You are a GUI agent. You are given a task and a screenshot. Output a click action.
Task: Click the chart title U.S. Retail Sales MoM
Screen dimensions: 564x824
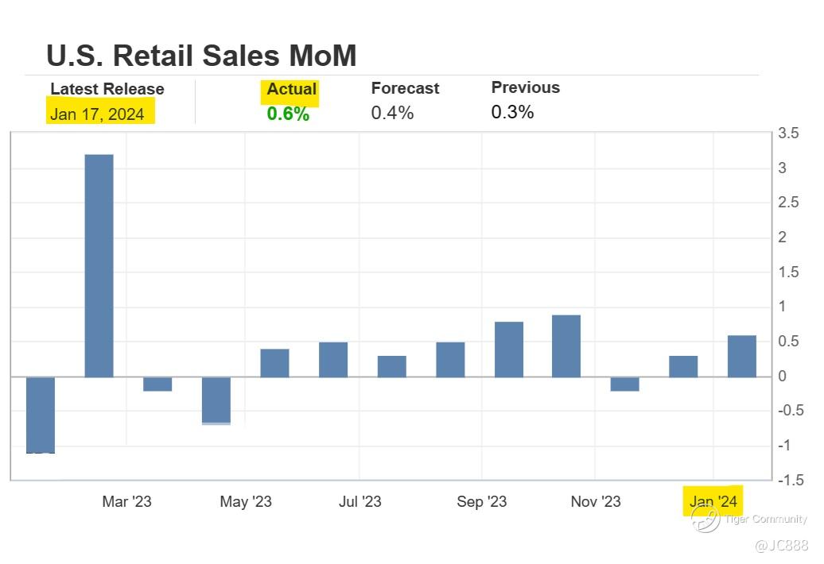(x=201, y=56)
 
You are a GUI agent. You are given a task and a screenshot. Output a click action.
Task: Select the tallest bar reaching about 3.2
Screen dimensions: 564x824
(x=99, y=265)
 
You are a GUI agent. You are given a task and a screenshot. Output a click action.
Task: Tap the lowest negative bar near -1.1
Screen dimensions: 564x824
(x=41, y=415)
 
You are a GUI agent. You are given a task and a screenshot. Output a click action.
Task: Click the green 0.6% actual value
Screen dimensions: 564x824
(x=288, y=114)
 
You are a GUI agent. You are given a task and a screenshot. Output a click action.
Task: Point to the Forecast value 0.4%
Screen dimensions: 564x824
(x=392, y=113)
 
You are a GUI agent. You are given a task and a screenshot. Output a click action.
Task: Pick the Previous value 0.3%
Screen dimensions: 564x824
(x=512, y=112)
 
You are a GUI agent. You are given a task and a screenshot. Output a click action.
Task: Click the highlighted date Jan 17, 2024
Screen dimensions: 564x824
(x=97, y=114)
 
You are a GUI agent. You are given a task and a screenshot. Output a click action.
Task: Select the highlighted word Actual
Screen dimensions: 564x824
(x=291, y=89)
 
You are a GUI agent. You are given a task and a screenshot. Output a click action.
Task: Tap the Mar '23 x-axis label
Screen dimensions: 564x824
(x=126, y=501)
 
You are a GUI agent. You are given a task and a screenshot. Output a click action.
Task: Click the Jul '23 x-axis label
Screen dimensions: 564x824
(x=360, y=501)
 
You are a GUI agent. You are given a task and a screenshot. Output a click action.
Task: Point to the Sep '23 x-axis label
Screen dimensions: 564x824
(x=481, y=501)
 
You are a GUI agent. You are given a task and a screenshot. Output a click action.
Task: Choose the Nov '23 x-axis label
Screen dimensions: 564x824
(x=596, y=501)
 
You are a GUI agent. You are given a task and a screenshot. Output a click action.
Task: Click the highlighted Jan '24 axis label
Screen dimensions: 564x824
(x=713, y=501)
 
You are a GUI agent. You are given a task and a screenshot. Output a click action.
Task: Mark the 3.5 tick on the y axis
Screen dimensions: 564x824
(x=788, y=133)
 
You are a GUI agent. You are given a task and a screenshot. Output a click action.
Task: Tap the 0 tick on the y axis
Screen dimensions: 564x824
(x=782, y=377)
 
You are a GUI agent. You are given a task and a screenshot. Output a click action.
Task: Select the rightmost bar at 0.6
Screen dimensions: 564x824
(x=742, y=356)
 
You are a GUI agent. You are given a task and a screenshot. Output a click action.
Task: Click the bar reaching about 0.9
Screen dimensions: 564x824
(x=566, y=346)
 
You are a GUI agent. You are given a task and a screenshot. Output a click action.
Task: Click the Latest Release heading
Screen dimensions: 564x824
(x=107, y=89)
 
